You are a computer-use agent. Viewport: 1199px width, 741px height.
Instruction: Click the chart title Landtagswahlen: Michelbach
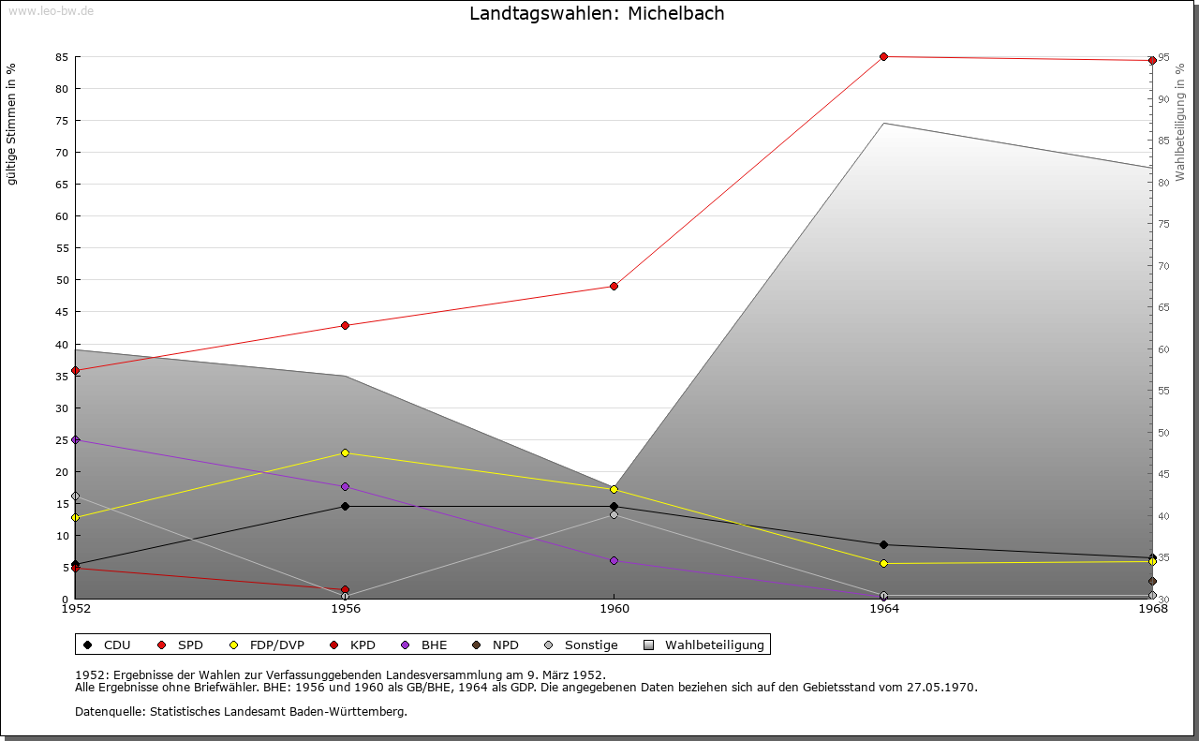pos(597,14)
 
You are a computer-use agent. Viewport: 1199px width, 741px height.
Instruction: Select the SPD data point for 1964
pos(883,57)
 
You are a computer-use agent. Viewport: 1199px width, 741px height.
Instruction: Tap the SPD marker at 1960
pos(614,286)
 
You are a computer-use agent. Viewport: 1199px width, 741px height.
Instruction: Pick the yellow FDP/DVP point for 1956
pos(345,452)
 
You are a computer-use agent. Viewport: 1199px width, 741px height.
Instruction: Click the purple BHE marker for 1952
pos(75,439)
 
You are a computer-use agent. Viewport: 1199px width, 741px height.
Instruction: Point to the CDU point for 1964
pos(883,544)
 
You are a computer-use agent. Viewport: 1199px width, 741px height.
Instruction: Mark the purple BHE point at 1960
pos(614,560)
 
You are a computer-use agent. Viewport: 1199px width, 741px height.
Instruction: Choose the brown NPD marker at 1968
pos(1152,582)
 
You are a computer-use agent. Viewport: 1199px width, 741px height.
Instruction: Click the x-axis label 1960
pos(614,609)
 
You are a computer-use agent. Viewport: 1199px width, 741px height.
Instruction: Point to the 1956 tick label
pos(345,609)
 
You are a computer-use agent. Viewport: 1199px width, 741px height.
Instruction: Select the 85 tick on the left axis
pos(60,57)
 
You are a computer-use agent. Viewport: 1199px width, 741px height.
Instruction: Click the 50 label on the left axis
pos(60,280)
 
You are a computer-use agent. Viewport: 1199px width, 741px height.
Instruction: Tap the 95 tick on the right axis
pos(1162,57)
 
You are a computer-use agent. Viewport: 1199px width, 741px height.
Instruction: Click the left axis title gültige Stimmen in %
pos(12,124)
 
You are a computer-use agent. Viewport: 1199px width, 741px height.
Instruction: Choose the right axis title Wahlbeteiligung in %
pos(1180,123)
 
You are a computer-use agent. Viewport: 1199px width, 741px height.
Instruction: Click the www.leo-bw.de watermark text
pos(49,10)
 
